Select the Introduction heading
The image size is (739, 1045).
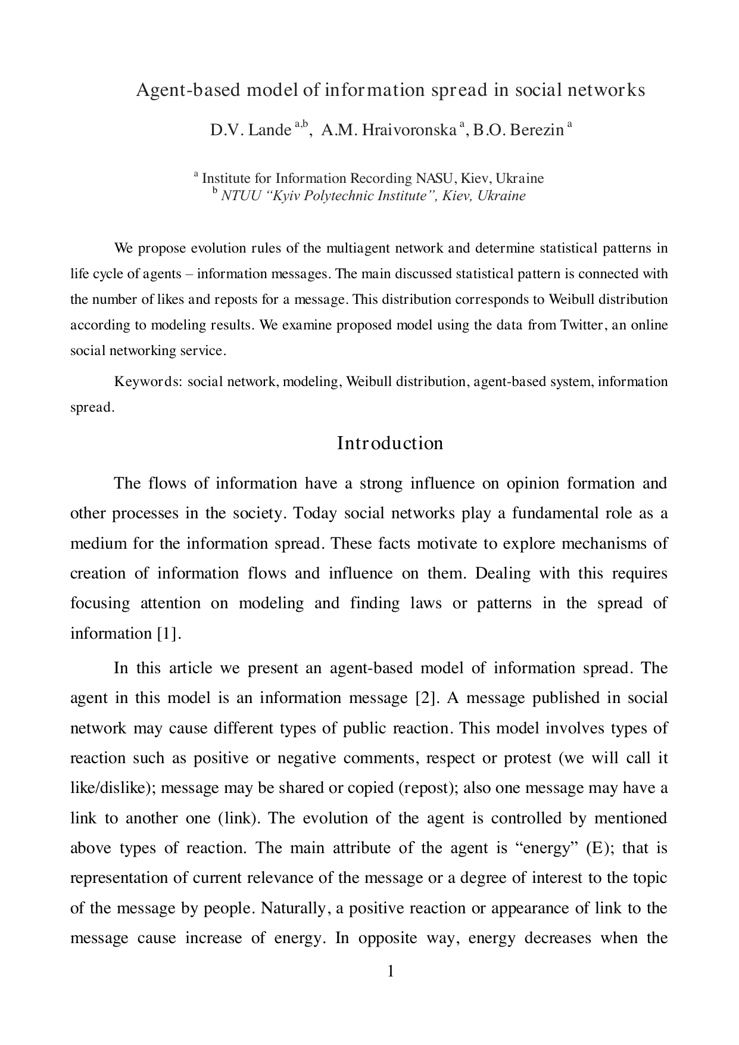pyautogui.click(x=390, y=443)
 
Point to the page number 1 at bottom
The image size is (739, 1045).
pyautogui.click(x=391, y=972)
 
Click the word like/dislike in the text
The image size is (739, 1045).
pyautogui.click(x=113, y=788)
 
